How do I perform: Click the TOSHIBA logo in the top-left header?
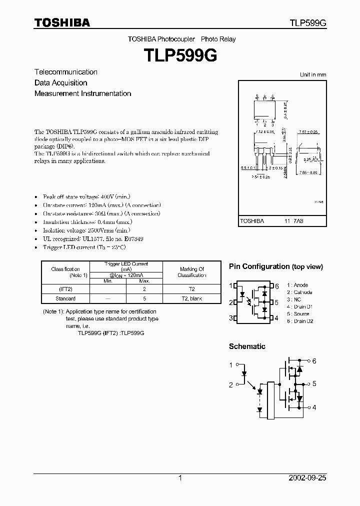(62, 22)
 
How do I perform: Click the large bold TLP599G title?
(181, 55)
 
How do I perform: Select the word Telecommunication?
(66, 72)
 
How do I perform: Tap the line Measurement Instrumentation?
(83, 93)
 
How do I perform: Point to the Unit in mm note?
(313, 74)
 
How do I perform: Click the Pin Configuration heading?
(276, 266)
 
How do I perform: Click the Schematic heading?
(247, 346)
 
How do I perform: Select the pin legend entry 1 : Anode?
(298, 285)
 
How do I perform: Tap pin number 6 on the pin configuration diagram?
(277, 286)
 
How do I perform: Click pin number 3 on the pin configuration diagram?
(231, 318)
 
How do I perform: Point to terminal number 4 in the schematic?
(314, 407)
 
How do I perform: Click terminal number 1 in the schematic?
(231, 365)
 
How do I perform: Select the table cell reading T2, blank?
(192, 298)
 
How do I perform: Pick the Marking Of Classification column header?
(192, 272)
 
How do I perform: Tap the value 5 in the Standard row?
(144, 298)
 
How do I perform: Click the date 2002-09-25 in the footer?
(307, 478)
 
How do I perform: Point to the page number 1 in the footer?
(180, 478)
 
